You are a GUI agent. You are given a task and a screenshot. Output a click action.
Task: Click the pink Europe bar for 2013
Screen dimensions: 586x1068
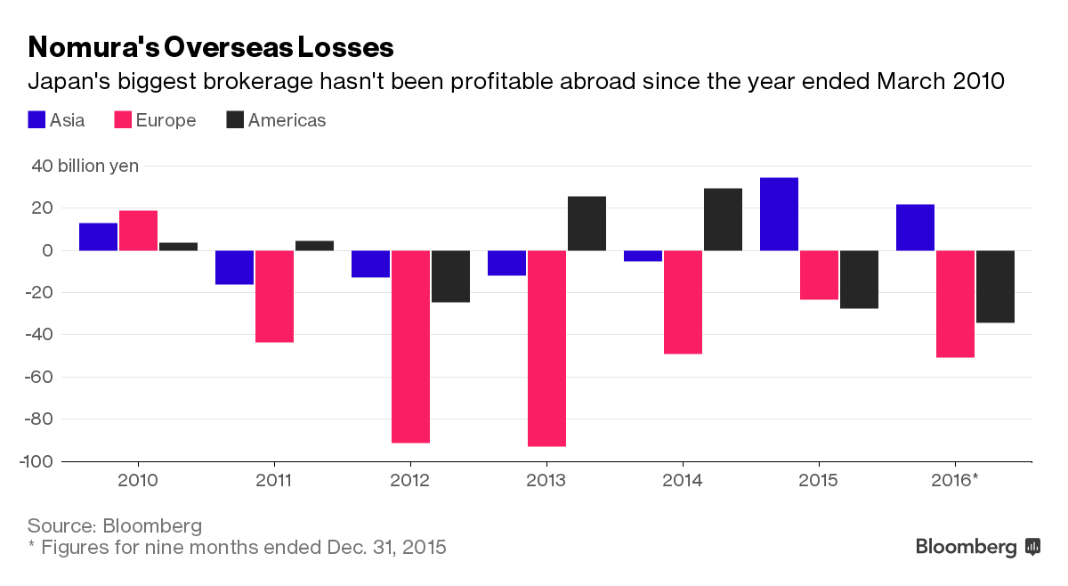point(546,348)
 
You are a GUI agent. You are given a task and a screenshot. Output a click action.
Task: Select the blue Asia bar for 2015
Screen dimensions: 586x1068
point(779,214)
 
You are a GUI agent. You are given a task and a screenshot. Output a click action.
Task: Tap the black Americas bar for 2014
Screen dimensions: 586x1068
point(723,219)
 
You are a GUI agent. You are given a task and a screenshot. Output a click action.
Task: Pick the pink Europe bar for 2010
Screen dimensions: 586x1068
point(138,231)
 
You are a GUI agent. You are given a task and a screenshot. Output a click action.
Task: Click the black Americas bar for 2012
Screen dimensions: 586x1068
point(450,276)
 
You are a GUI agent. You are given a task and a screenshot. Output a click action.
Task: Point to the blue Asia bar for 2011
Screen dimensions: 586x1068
point(234,267)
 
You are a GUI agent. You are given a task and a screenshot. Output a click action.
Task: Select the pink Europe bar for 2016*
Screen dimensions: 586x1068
point(955,304)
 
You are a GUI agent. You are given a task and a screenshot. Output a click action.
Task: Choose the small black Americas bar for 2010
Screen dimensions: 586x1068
point(178,247)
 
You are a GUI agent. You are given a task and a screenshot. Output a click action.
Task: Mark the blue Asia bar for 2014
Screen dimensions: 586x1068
point(643,256)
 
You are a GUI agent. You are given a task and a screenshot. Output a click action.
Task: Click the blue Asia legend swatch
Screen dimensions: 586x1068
point(36,119)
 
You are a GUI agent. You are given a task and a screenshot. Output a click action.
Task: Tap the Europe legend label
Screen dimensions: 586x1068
point(166,120)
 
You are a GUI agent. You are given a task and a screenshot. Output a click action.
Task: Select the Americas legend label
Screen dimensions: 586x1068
point(287,120)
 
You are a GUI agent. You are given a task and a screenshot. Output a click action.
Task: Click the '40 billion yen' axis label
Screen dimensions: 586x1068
point(85,166)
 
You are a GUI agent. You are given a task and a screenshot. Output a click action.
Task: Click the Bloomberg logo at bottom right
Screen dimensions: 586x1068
point(977,547)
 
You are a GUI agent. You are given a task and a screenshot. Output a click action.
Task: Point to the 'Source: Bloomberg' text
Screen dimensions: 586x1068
point(115,525)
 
